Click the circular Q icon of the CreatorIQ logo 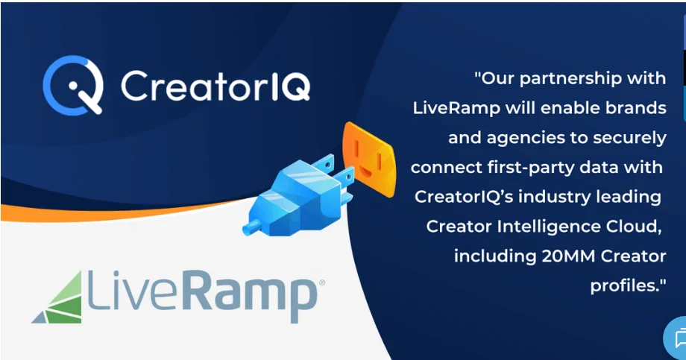[73, 85]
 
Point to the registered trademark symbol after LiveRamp [322, 282]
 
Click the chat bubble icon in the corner [679, 339]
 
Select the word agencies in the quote [526, 139]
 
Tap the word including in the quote [495, 256]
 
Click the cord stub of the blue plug [251, 227]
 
